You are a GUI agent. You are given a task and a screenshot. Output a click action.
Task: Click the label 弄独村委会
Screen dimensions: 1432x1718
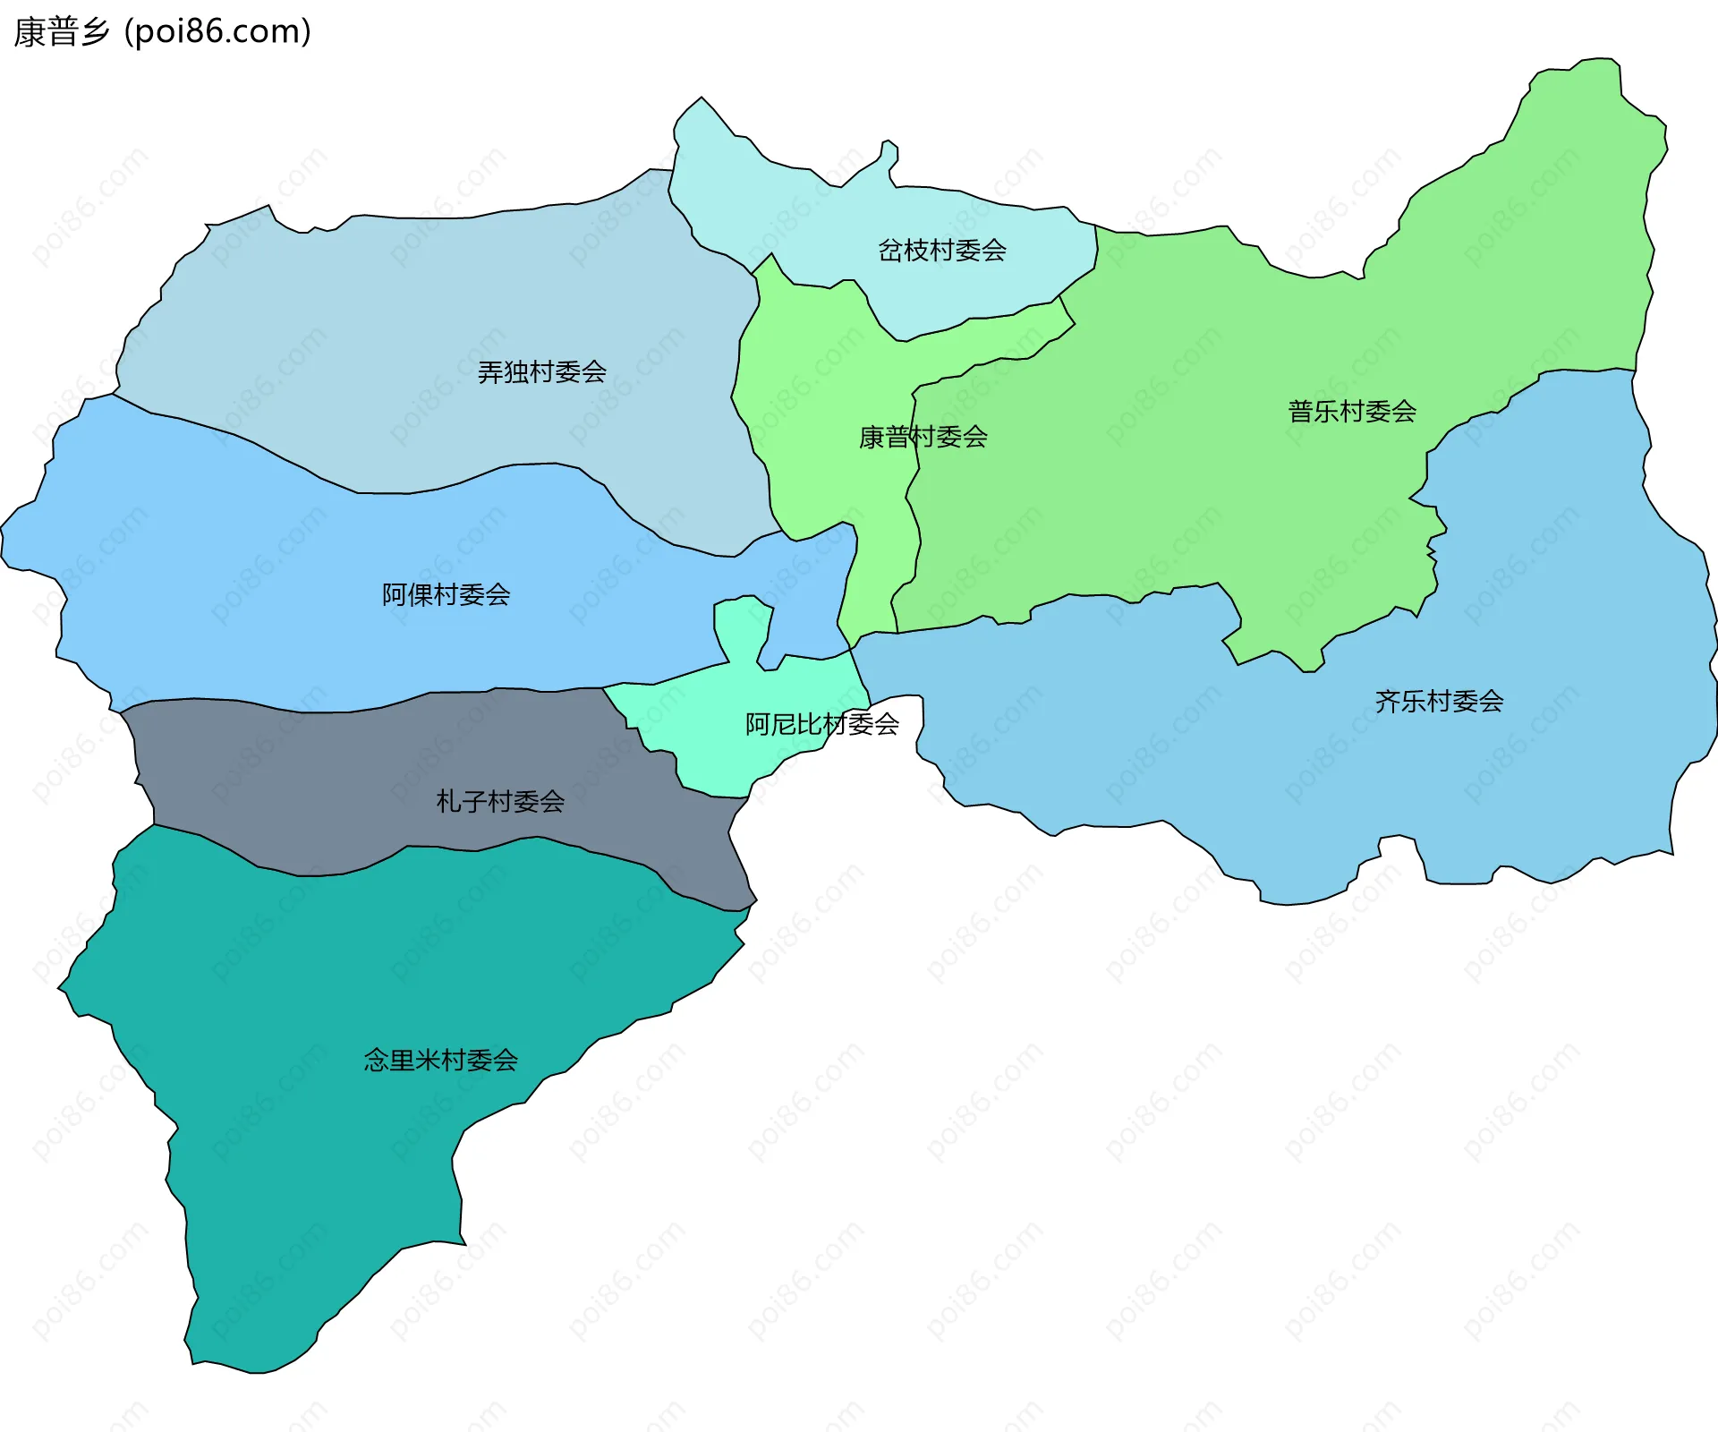tap(541, 371)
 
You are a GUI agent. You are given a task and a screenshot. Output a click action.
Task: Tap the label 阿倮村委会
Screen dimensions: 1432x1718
tap(446, 594)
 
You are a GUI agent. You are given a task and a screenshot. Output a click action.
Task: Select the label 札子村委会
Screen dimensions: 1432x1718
tap(499, 801)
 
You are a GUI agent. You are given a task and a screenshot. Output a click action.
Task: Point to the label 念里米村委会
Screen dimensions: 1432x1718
tap(440, 1061)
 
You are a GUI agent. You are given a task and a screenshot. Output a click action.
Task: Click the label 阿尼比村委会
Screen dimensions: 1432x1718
tap(821, 724)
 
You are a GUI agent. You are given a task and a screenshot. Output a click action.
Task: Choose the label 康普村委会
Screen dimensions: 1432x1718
tap(923, 437)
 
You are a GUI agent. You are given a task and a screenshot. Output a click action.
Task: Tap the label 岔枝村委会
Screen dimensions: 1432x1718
tap(941, 250)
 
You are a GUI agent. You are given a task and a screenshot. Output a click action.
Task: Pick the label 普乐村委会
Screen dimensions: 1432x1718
tap(1351, 412)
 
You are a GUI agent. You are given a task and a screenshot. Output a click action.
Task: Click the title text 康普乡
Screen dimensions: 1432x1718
tap(61, 32)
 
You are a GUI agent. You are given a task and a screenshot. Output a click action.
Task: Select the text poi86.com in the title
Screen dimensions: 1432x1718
tap(217, 32)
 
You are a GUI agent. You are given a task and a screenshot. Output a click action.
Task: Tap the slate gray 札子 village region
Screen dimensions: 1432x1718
tap(358, 770)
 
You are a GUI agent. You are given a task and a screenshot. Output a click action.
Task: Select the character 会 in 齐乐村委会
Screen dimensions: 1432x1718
tap(1491, 701)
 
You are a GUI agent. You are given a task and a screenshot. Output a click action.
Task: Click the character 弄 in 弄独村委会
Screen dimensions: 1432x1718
tap(490, 371)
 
